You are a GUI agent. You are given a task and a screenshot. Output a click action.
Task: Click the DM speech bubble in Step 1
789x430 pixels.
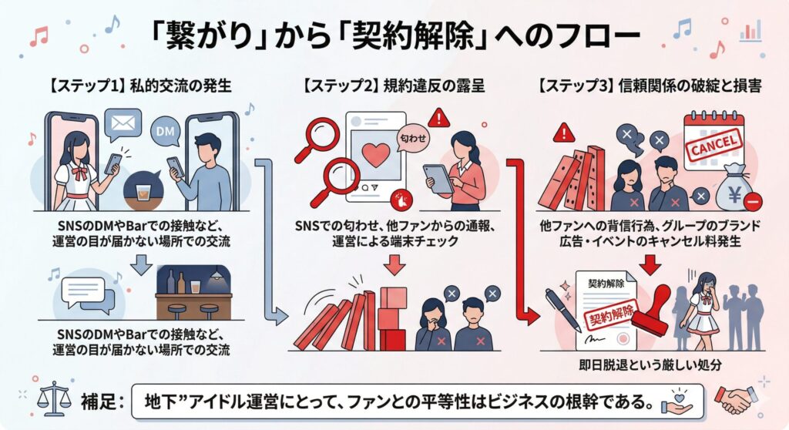point(166,131)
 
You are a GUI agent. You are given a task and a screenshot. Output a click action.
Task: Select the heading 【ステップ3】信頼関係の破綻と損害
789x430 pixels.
point(649,87)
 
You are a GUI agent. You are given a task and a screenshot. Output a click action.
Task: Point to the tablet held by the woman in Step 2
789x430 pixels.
point(438,178)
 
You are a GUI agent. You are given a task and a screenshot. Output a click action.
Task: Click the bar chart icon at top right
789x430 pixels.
point(748,32)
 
